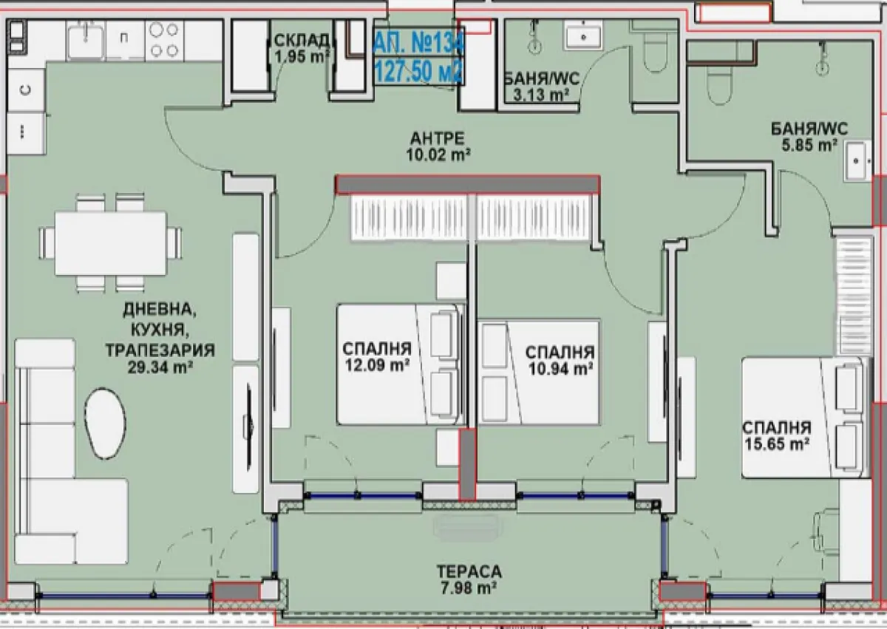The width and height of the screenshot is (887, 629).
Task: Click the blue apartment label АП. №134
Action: point(418,43)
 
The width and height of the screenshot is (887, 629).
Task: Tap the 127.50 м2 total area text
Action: point(418,72)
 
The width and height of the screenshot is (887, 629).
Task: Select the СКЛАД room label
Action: point(302,40)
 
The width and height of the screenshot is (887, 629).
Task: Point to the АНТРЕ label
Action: point(438,138)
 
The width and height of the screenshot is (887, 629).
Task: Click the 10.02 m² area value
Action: point(438,154)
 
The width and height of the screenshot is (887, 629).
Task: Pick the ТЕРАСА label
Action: point(469,571)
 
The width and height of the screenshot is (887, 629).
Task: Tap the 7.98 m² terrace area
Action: point(469,588)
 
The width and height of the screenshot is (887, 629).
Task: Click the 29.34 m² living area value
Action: point(160,368)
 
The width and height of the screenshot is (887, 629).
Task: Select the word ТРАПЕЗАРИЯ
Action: point(160,350)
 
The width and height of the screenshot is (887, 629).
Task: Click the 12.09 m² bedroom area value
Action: point(377,365)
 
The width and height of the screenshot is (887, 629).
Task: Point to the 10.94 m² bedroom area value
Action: point(560,369)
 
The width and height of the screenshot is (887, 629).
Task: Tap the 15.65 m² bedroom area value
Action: point(777,444)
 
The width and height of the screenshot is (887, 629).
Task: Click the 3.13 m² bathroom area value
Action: point(541,95)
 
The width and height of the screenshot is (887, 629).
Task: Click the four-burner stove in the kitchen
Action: point(164,41)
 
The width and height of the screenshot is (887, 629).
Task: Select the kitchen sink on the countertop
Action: point(86,40)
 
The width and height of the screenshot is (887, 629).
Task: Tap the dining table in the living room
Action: point(110,243)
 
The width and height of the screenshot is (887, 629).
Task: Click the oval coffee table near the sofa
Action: point(105,424)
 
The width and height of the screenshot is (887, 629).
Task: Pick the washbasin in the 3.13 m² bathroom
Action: point(584,36)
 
